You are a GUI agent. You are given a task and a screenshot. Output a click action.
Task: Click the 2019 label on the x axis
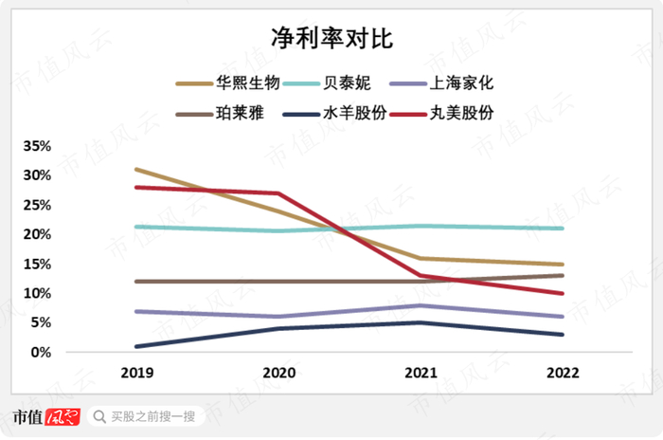[x=136, y=374]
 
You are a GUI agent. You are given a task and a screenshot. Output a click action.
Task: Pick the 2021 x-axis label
[x=421, y=374]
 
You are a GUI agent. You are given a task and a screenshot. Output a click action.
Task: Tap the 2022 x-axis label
[x=562, y=374]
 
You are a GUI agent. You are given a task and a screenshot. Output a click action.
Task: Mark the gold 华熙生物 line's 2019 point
[x=136, y=170]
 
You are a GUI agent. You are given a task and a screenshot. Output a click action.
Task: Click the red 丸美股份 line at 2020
[x=278, y=193]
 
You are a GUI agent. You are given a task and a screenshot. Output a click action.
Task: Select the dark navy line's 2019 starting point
[x=136, y=346]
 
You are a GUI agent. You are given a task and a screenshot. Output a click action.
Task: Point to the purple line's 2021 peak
[x=421, y=305]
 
